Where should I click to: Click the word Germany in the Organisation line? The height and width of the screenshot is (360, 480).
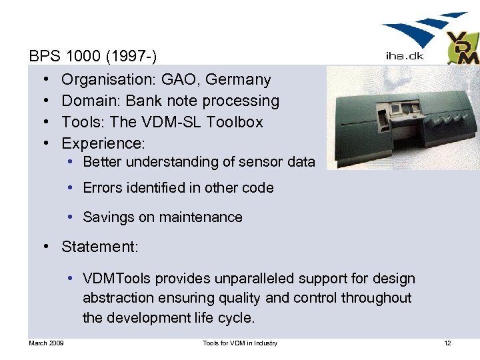tap(238, 80)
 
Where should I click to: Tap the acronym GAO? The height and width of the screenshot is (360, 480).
tap(180, 80)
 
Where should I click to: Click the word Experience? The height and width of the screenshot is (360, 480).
tap(101, 144)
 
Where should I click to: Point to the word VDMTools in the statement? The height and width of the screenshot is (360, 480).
tap(115, 279)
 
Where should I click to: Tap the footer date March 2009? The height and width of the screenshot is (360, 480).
tap(46, 343)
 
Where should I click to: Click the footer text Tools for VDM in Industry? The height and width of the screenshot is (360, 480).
tap(240, 343)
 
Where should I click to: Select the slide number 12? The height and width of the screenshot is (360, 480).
tap(447, 343)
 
